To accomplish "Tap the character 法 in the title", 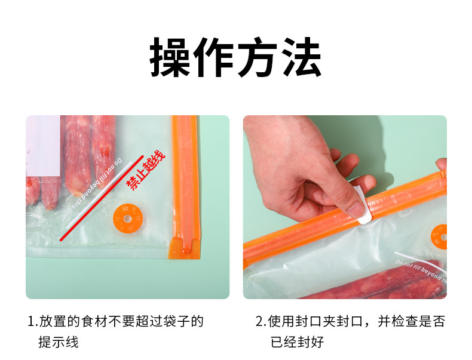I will coord(301,58).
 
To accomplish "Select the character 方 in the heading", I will coord(258,58).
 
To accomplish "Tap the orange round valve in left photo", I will coord(127,218).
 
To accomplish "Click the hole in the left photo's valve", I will coord(127,218).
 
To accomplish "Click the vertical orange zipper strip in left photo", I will coord(185,179).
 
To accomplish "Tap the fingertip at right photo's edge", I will coord(442,164).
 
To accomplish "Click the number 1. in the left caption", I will coord(32,322).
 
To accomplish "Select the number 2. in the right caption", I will coord(260,322).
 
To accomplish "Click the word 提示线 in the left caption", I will coord(59,343).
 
